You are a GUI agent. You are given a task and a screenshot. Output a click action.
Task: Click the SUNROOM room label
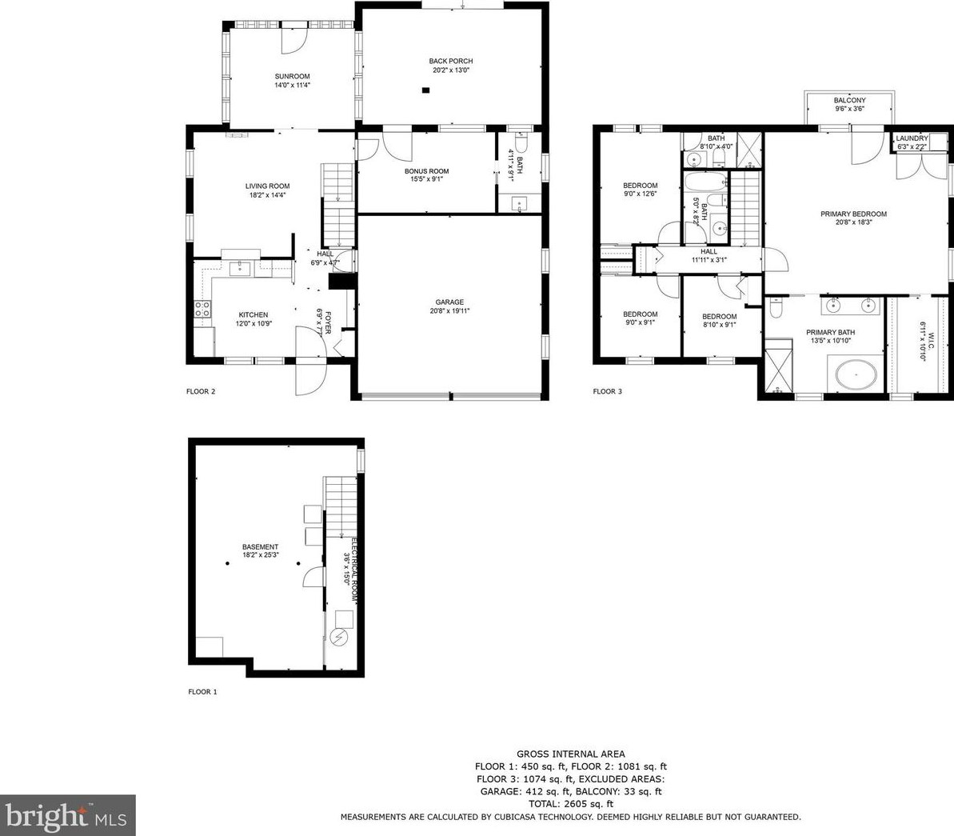click(x=292, y=77)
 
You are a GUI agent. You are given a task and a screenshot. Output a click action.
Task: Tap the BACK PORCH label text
click(x=451, y=61)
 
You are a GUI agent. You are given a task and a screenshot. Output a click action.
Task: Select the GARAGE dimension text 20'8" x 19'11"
click(x=449, y=311)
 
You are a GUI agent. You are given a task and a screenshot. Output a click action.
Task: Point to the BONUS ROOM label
click(x=426, y=171)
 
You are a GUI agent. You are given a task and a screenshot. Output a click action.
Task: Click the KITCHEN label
click(x=253, y=314)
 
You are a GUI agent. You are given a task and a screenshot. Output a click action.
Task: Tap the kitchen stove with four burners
click(x=202, y=309)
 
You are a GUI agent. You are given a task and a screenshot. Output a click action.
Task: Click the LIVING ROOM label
click(x=268, y=186)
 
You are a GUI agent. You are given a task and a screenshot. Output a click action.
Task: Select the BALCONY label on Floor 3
click(x=849, y=101)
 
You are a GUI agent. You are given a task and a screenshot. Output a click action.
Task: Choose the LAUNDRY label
click(x=912, y=138)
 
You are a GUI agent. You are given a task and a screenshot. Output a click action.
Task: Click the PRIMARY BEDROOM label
click(x=853, y=214)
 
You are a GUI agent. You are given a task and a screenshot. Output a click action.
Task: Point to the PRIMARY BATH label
click(x=831, y=333)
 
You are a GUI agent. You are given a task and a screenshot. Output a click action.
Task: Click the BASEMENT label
click(x=261, y=546)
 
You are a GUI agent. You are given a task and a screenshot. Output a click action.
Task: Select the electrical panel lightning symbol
click(x=338, y=638)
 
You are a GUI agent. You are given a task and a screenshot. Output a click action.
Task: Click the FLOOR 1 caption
click(x=202, y=692)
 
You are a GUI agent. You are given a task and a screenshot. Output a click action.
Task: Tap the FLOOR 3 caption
click(x=607, y=391)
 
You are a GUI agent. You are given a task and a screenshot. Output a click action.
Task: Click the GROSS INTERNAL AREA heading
click(x=571, y=754)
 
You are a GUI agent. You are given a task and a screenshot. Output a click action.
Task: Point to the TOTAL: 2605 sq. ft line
click(x=571, y=804)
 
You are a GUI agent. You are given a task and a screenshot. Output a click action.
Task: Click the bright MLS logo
click(x=67, y=815)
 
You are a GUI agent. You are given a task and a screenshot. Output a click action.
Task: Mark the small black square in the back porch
click(x=426, y=90)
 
